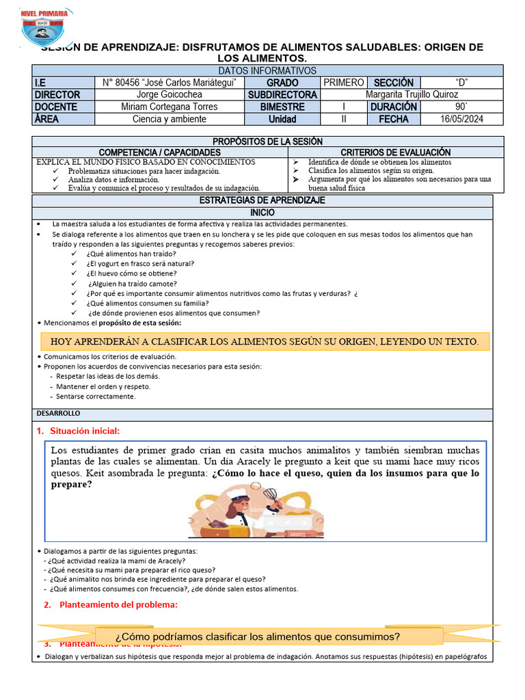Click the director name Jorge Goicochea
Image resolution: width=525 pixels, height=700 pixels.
[170, 94]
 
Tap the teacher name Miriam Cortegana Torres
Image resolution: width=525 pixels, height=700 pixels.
[170, 107]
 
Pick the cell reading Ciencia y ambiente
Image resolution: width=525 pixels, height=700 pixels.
[170, 119]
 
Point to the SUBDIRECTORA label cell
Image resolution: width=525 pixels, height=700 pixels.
[282, 94]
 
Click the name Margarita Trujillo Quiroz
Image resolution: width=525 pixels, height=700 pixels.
[412, 94]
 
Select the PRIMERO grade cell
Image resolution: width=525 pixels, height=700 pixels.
[343, 83]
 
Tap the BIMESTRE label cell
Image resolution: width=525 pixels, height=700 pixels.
[282, 107]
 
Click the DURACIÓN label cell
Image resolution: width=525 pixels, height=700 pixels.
[393, 107]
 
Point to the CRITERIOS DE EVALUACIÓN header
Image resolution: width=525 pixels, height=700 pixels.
[395, 152]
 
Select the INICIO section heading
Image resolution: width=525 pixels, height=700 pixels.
[262, 213]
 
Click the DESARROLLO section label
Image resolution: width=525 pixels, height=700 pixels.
[57, 414]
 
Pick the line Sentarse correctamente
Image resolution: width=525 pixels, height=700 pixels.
[96, 396]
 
